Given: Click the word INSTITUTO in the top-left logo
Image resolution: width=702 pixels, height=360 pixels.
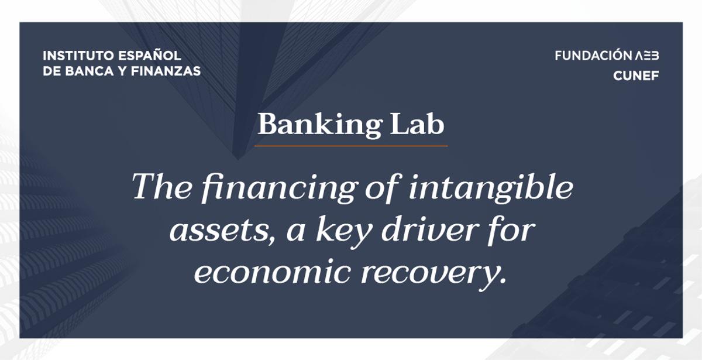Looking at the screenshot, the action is (x=78, y=56).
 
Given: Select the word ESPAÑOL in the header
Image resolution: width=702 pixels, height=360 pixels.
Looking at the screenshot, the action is (x=150, y=55).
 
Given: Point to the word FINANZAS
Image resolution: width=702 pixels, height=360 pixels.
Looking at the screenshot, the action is (x=166, y=71).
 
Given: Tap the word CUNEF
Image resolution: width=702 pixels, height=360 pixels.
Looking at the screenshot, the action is (x=636, y=76).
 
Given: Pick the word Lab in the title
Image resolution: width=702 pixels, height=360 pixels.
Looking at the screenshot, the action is (x=417, y=124).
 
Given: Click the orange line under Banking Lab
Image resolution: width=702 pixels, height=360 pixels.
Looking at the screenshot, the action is (x=351, y=146).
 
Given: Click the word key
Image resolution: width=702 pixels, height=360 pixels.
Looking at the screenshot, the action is (x=344, y=231).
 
